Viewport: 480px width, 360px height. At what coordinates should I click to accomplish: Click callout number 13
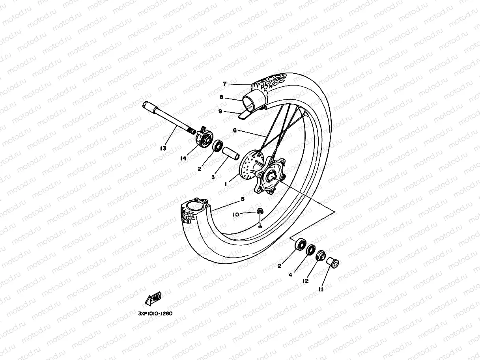click(163, 148)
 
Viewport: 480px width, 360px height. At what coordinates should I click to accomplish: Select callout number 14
click(183, 158)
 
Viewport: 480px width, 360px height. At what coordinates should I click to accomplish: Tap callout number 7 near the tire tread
click(224, 84)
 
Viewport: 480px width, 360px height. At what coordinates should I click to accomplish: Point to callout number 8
click(221, 97)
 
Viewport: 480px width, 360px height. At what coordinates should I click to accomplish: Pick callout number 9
click(220, 112)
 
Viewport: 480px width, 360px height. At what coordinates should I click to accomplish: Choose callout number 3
click(213, 177)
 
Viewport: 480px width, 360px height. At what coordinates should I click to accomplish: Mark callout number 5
click(243, 200)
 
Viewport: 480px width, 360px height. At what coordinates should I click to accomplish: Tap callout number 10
click(235, 215)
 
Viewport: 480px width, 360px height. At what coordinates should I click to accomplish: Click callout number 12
click(305, 281)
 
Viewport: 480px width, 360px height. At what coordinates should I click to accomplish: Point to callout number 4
click(290, 275)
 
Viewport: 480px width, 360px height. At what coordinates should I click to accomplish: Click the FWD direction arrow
click(153, 298)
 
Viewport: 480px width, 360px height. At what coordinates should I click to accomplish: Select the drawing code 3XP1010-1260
click(155, 314)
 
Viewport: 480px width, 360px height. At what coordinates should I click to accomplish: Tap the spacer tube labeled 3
click(231, 153)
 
